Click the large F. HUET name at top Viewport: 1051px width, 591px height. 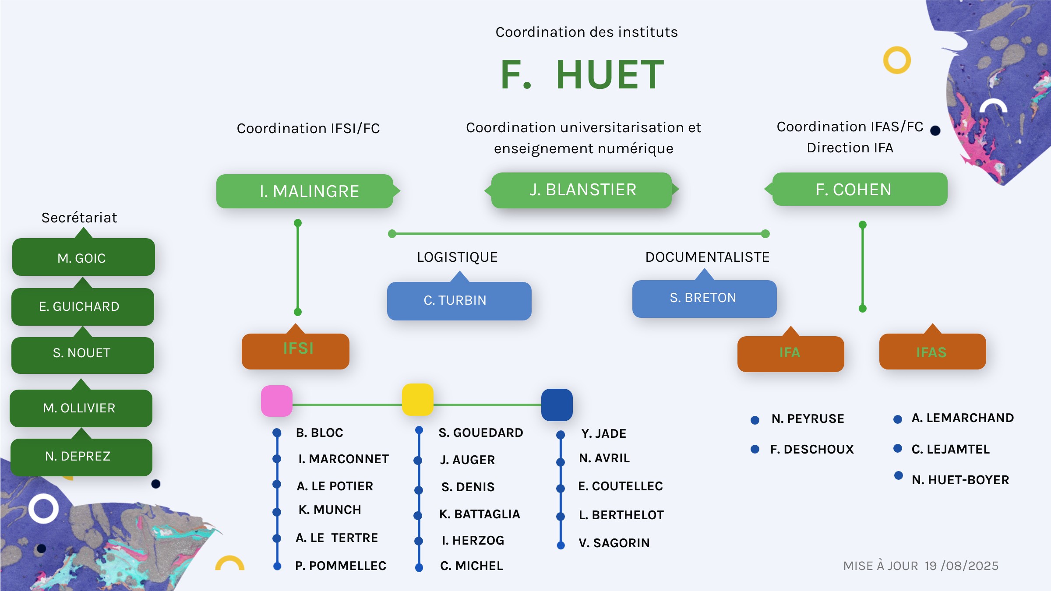tap(582, 75)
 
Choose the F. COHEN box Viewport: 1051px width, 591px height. tap(856, 189)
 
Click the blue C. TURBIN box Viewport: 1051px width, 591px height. tap(459, 300)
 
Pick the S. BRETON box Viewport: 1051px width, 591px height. tap(704, 299)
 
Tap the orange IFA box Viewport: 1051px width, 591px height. tap(790, 354)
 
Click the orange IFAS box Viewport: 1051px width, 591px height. tap(932, 352)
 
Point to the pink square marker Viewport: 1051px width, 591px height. tap(277, 401)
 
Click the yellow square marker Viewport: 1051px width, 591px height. tap(418, 400)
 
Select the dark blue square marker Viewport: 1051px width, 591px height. tap(557, 405)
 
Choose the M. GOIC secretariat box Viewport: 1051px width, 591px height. tap(83, 257)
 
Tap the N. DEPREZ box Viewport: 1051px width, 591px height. tap(81, 457)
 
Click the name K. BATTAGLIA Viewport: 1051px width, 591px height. tap(480, 514)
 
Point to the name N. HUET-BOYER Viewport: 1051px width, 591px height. tap(960, 480)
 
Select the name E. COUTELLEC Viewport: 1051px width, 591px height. tap(621, 486)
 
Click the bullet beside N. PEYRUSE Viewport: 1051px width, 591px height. tap(755, 420)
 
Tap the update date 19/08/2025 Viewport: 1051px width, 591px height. tap(962, 566)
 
